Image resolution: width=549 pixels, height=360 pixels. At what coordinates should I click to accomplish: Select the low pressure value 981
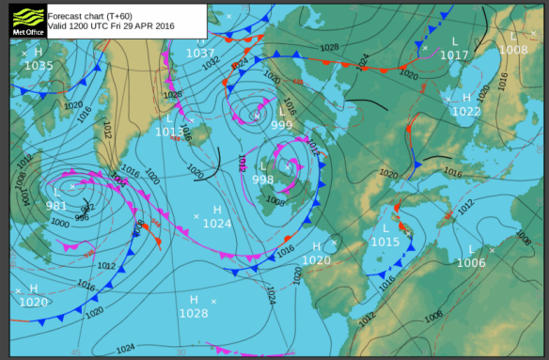coord(56,206)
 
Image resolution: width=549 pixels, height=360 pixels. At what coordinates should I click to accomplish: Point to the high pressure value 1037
coord(200,54)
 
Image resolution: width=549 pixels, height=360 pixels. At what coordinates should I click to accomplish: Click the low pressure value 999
coord(282,125)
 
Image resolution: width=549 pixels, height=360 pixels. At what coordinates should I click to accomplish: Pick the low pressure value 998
coord(263,179)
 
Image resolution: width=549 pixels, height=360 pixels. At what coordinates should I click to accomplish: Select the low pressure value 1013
coord(170,132)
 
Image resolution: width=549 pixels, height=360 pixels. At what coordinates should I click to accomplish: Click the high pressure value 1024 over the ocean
coord(217,224)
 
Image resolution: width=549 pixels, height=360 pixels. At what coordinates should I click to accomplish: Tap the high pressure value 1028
coord(194,313)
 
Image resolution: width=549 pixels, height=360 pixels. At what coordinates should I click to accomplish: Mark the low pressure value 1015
coord(385,242)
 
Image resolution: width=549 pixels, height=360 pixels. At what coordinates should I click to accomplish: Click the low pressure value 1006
coord(471,263)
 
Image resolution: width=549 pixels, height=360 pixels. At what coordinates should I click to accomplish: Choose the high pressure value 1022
coord(466,111)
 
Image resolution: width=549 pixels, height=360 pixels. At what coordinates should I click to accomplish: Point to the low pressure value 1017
coord(454,55)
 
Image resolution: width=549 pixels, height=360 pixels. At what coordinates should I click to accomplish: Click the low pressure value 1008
coord(513,50)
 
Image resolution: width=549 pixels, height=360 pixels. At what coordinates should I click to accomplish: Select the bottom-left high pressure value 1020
coord(34,302)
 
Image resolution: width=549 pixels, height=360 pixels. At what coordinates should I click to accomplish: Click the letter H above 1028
coord(195,299)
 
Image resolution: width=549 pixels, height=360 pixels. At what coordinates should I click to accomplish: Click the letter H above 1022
coord(466,97)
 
